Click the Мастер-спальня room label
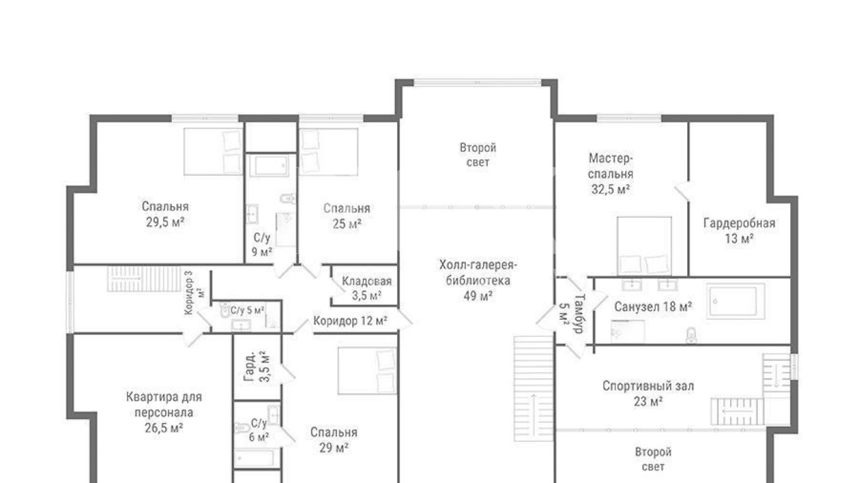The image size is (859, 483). [x=611, y=174]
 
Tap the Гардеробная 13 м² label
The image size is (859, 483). [x=739, y=231]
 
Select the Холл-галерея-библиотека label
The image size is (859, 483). [x=478, y=280]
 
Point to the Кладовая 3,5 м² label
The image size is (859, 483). [x=367, y=288]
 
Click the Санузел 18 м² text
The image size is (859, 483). [x=653, y=307]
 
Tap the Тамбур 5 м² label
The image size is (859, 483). [x=572, y=313]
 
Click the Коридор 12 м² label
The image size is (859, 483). [x=350, y=320]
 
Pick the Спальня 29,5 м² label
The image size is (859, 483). [x=165, y=214]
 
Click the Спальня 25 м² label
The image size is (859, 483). [x=347, y=216]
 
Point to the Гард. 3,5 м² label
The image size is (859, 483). [x=257, y=367]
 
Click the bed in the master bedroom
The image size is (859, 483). [x=644, y=246]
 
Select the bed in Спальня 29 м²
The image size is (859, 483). [x=367, y=371]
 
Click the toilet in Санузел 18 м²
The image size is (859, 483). [x=691, y=334]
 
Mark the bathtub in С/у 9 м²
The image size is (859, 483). [x=269, y=165]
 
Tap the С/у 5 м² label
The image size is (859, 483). [x=247, y=310]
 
